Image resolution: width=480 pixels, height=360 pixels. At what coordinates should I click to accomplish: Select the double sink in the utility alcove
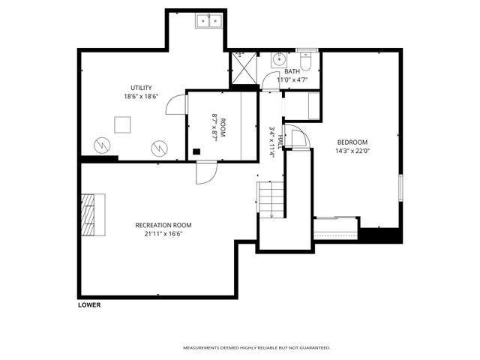pyautogui.click(x=209, y=21)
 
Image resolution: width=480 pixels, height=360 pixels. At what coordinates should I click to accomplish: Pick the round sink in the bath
pyautogui.click(x=279, y=60)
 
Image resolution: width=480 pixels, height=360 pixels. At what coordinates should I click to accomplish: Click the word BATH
pyautogui.click(x=292, y=71)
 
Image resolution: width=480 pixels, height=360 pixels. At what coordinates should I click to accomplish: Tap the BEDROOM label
pyautogui.click(x=351, y=141)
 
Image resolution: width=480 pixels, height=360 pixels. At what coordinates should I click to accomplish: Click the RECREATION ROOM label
pyautogui.click(x=163, y=225)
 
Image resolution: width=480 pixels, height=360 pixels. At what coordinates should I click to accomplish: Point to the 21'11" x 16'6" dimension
pyautogui.click(x=163, y=234)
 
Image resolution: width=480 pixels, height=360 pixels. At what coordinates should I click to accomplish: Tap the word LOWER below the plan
pyautogui.click(x=88, y=305)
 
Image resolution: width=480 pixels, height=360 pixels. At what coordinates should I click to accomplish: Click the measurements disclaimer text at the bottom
pyautogui.click(x=256, y=348)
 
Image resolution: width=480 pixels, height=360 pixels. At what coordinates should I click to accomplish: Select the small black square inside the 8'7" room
pyautogui.click(x=196, y=151)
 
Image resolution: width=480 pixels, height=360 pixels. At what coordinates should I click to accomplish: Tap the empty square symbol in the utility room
pyautogui.click(x=121, y=124)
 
